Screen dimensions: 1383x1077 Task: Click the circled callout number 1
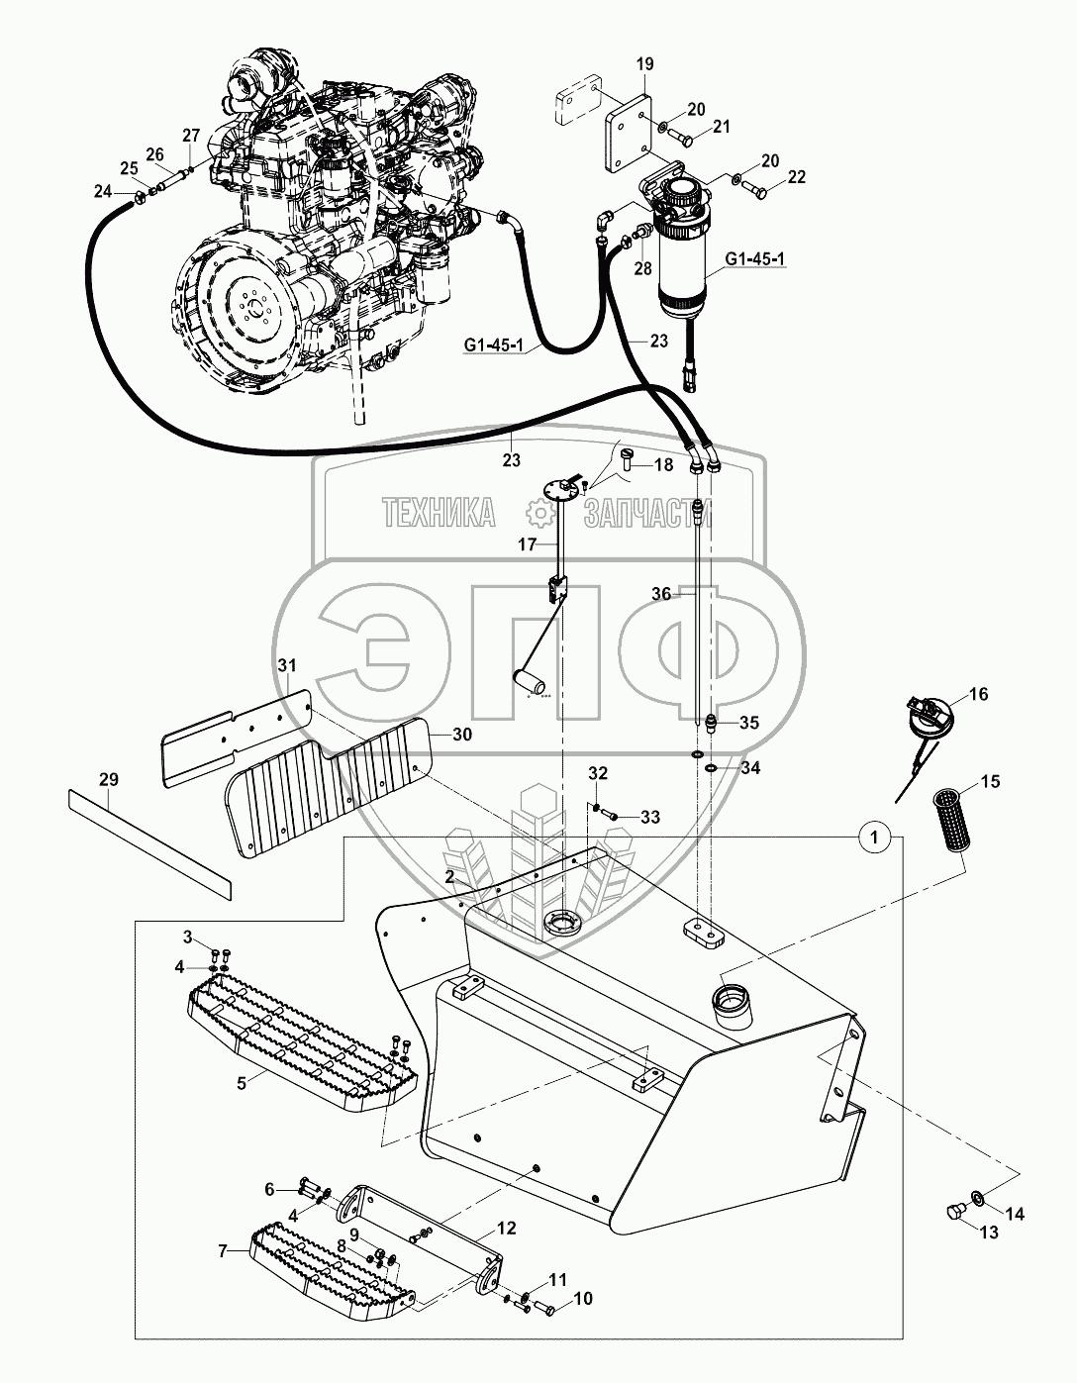(873, 839)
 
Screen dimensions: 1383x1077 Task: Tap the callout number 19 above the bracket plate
(644, 65)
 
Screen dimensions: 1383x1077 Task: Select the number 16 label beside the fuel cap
(978, 696)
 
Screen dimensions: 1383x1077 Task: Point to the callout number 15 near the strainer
(990, 782)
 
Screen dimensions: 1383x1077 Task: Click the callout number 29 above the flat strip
(109, 779)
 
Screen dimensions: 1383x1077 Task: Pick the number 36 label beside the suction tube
(661, 594)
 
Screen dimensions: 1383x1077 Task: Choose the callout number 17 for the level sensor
(527, 544)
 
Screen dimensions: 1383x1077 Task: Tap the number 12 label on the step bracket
(507, 1229)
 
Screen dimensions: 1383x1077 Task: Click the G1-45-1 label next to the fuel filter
(754, 260)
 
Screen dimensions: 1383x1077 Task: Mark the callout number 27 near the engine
(190, 135)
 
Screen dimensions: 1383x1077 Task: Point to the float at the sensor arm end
(530, 682)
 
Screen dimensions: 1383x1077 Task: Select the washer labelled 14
(977, 1200)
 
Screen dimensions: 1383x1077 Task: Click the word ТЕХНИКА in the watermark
(439, 513)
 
